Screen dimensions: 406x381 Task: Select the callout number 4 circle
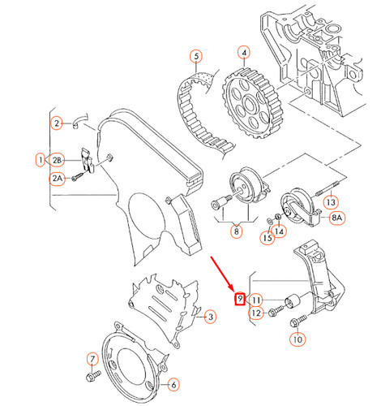tap(243, 54)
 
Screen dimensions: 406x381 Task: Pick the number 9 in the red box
tap(239, 299)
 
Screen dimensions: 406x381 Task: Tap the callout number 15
tap(265, 238)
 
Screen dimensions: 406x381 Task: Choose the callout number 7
tap(92, 358)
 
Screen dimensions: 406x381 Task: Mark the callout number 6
tap(173, 383)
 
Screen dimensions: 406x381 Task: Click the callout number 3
tap(209, 316)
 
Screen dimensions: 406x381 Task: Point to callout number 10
tap(298, 341)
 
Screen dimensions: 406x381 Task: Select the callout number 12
tap(255, 313)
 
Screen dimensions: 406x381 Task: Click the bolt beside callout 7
tap(92, 377)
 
